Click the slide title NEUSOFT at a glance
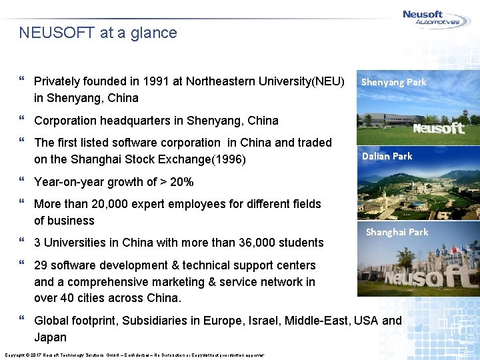coord(98,33)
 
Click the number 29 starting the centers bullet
coord(41,265)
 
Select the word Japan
coord(51,337)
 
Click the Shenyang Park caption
coord(393,83)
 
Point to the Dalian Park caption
coord(387,156)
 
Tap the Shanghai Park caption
coord(397,232)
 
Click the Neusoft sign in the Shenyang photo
coord(438,128)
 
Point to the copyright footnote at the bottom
coord(134,354)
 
